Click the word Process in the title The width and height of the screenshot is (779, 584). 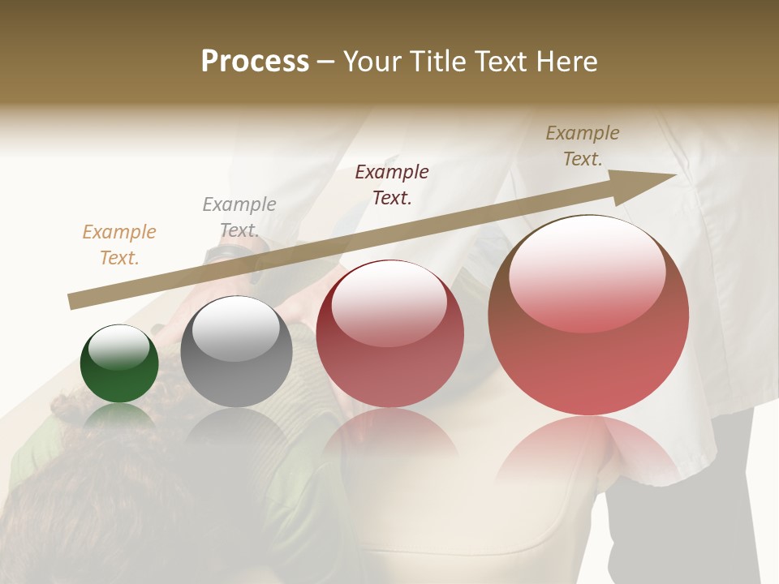click(255, 61)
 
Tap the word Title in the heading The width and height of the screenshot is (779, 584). click(437, 61)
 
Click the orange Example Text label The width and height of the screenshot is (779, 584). click(118, 244)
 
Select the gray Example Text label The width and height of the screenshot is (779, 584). click(239, 217)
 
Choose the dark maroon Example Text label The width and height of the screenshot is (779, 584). click(392, 184)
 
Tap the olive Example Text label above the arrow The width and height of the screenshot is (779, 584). click(582, 146)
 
